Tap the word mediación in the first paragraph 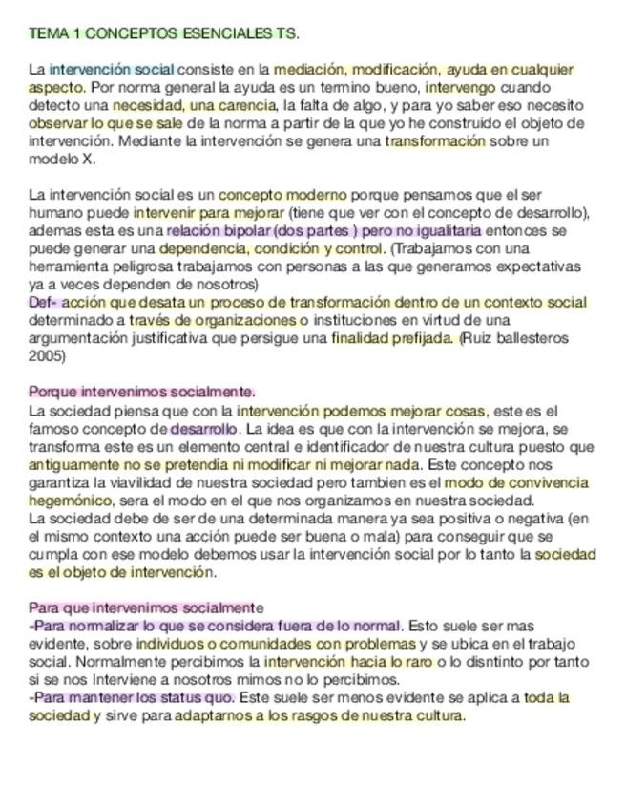pyautogui.click(x=304, y=70)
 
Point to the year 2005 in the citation pyautogui.click(x=48, y=356)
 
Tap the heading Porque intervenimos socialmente pyautogui.click(x=142, y=392)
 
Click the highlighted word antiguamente pyautogui.click(x=73, y=464)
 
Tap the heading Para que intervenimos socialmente pyautogui.click(x=146, y=608)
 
